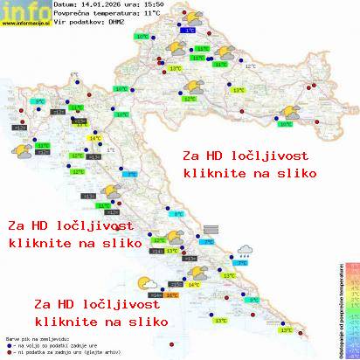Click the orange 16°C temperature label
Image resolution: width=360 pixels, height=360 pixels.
tap(171, 295)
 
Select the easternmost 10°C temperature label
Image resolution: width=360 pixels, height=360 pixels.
tap(285, 124)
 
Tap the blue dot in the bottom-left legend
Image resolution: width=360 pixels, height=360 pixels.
tap(8, 343)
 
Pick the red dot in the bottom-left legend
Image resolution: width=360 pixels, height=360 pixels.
tap(8, 350)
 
